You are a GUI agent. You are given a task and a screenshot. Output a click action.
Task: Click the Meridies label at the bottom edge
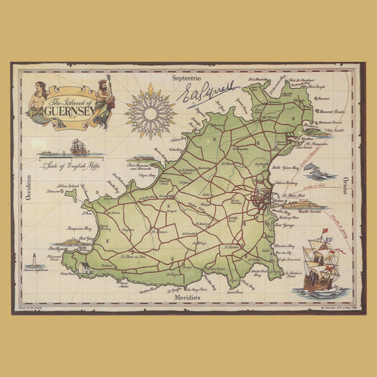coord(188,297)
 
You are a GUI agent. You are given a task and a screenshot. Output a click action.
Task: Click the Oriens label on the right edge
coord(346,188)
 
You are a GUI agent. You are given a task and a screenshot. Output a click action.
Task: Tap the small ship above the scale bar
coord(77,147)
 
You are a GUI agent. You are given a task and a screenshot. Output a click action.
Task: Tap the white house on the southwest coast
coord(84,268)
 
